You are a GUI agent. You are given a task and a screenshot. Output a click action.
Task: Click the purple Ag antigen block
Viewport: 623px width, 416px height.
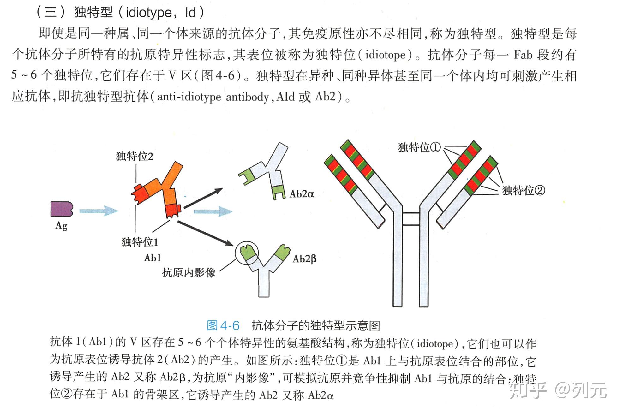pyautogui.click(x=62, y=209)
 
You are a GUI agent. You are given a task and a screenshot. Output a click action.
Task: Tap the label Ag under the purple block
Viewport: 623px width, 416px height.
pyautogui.click(x=62, y=226)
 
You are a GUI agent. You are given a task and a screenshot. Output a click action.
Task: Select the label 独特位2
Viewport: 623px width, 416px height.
pyautogui.click(x=135, y=156)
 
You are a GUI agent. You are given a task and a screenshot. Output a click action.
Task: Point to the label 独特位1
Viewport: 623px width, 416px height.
pyautogui.click(x=140, y=242)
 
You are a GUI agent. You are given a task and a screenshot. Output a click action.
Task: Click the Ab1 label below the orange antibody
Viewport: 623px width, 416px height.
pyautogui.click(x=153, y=258)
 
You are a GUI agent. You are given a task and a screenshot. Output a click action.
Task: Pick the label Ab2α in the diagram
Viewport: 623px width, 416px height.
pyautogui.click(x=302, y=193)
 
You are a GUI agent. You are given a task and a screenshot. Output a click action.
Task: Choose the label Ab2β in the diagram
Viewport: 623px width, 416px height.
pyautogui.click(x=304, y=259)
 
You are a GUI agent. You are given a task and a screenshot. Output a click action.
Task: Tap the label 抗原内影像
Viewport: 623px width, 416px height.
pyautogui.click(x=189, y=272)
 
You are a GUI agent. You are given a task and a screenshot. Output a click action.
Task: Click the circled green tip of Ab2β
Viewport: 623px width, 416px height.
pyautogui.click(x=247, y=253)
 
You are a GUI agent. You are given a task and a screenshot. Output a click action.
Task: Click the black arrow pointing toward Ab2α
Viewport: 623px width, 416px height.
pyautogui.click(x=203, y=198)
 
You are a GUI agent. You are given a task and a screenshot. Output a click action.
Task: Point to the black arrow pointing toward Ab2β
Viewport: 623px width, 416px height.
pyautogui.click(x=205, y=233)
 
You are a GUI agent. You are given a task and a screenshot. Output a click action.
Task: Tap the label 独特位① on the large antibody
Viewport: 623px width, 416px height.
pyautogui.click(x=419, y=147)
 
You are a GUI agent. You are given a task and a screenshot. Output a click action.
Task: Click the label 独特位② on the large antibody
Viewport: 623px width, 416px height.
pyautogui.click(x=524, y=190)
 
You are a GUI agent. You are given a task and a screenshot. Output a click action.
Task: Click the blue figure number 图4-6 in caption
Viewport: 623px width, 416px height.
pyautogui.click(x=223, y=325)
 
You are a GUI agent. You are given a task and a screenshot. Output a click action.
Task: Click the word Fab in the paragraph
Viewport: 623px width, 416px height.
pyautogui.click(x=523, y=55)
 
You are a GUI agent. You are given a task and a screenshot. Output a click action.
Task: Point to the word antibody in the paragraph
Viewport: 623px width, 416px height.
pyautogui.click(x=247, y=97)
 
